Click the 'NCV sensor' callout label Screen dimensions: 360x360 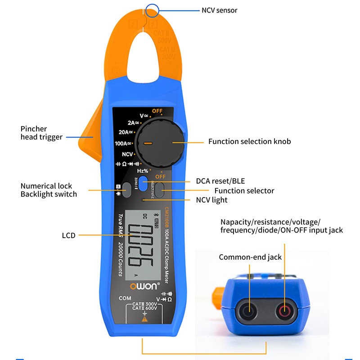219,10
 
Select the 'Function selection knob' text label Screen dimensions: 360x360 249,141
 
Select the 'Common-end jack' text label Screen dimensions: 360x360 250,257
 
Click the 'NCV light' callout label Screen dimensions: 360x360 211,200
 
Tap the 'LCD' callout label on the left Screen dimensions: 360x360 68,235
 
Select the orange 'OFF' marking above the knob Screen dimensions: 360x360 157,111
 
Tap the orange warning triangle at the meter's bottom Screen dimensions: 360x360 144,319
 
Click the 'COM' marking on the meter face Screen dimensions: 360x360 125,298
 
